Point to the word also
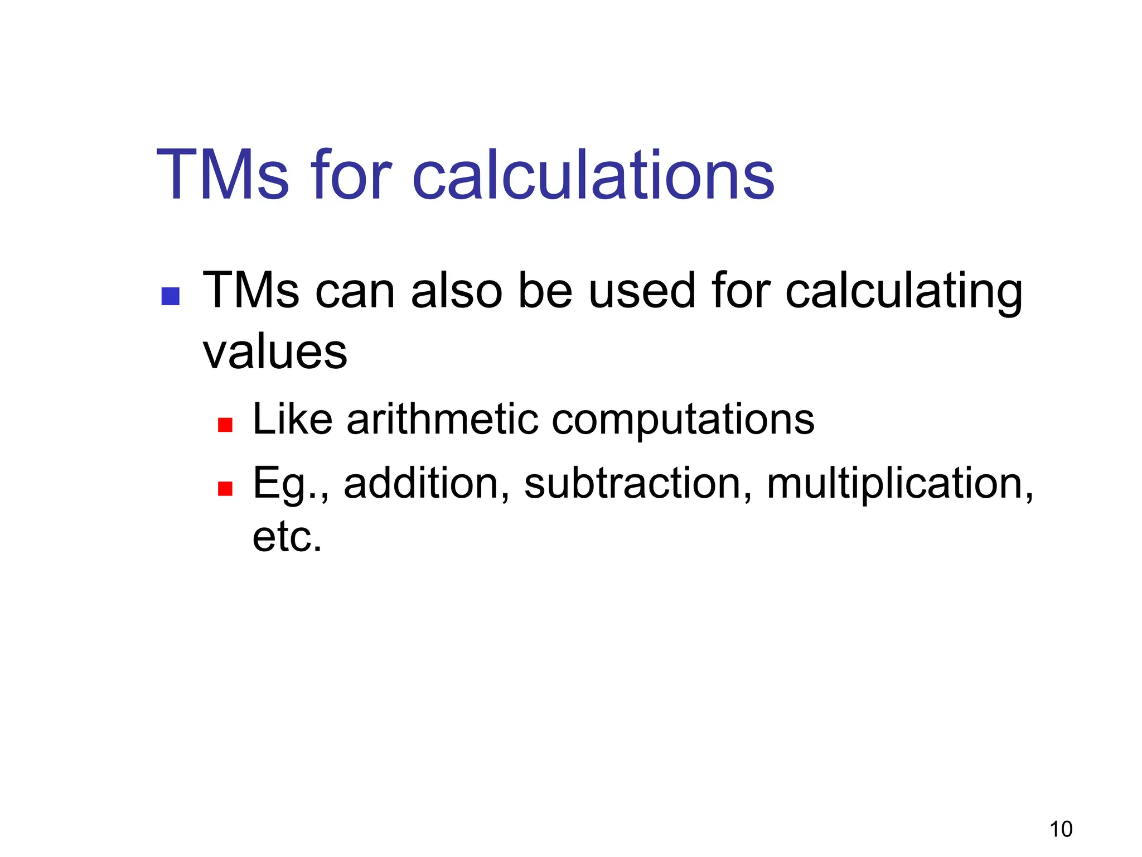pyautogui.click(x=457, y=291)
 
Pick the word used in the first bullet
pyautogui.click(x=642, y=291)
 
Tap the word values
pyautogui.click(x=275, y=353)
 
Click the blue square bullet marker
pyautogui.click(x=170, y=296)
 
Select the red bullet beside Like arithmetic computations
pyautogui.click(x=225, y=425)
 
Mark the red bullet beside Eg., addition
pyautogui.click(x=225, y=489)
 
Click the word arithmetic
pyautogui.click(x=443, y=420)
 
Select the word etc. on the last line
pyautogui.click(x=287, y=537)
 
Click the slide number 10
pyautogui.click(x=1061, y=829)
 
